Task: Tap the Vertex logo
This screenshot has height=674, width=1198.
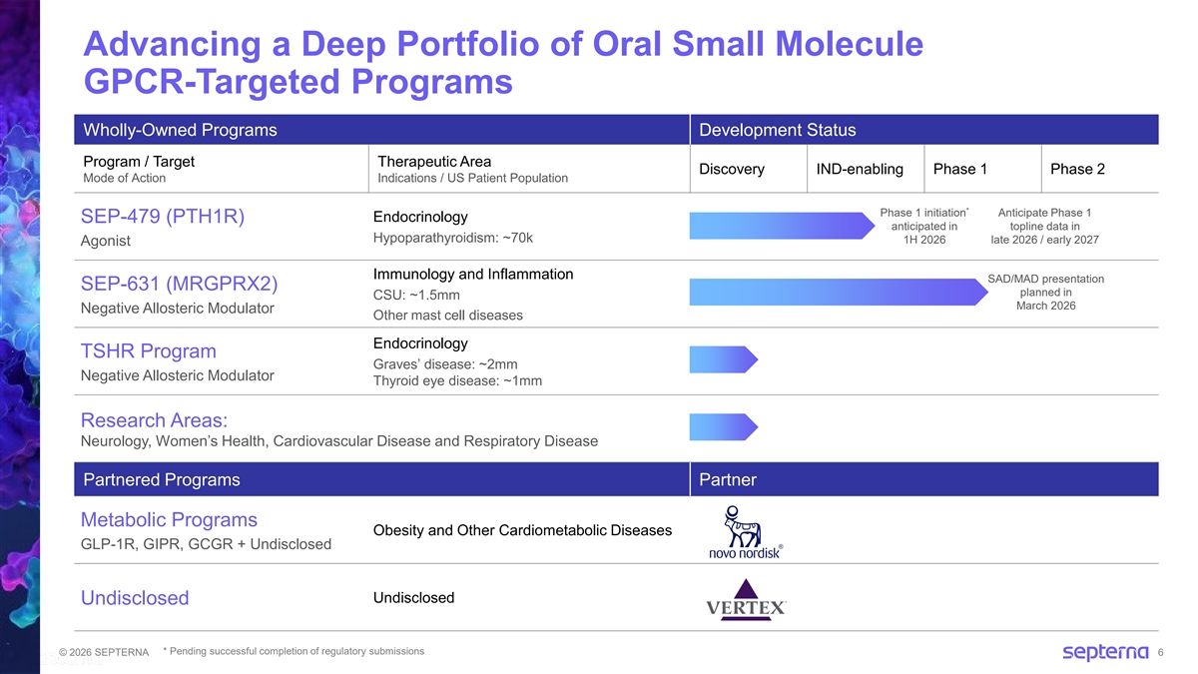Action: click(x=746, y=599)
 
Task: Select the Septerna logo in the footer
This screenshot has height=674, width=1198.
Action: click(x=1105, y=653)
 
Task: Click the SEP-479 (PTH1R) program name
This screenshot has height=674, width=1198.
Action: click(x=163, y=218)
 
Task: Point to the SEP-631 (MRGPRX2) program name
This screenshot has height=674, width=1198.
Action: click(x=179, y=284)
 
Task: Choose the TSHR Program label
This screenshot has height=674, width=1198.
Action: click(x=149, y=351)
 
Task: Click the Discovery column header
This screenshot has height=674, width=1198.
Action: click(x=732, y=169)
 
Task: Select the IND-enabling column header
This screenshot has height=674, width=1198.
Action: click(x=860, y=169)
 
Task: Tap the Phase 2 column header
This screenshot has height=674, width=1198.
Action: click(x=1077, y=169)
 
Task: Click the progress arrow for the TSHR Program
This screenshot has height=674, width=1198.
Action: click(x=724, y=359)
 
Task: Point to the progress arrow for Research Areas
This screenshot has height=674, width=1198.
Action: click(x=724, y=427)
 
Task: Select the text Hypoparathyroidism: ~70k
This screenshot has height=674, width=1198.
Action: click(x=452, y=238)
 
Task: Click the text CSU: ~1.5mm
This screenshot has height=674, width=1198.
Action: click(x=416, y=295)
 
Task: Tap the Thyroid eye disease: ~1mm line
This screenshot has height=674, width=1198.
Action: click(x=457, y=380)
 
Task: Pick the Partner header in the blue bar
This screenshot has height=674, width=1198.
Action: click(x=728, y=480)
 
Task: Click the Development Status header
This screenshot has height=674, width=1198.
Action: click(x=778, y=131)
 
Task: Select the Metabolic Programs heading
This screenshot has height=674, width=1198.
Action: click(x=169, y=520)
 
